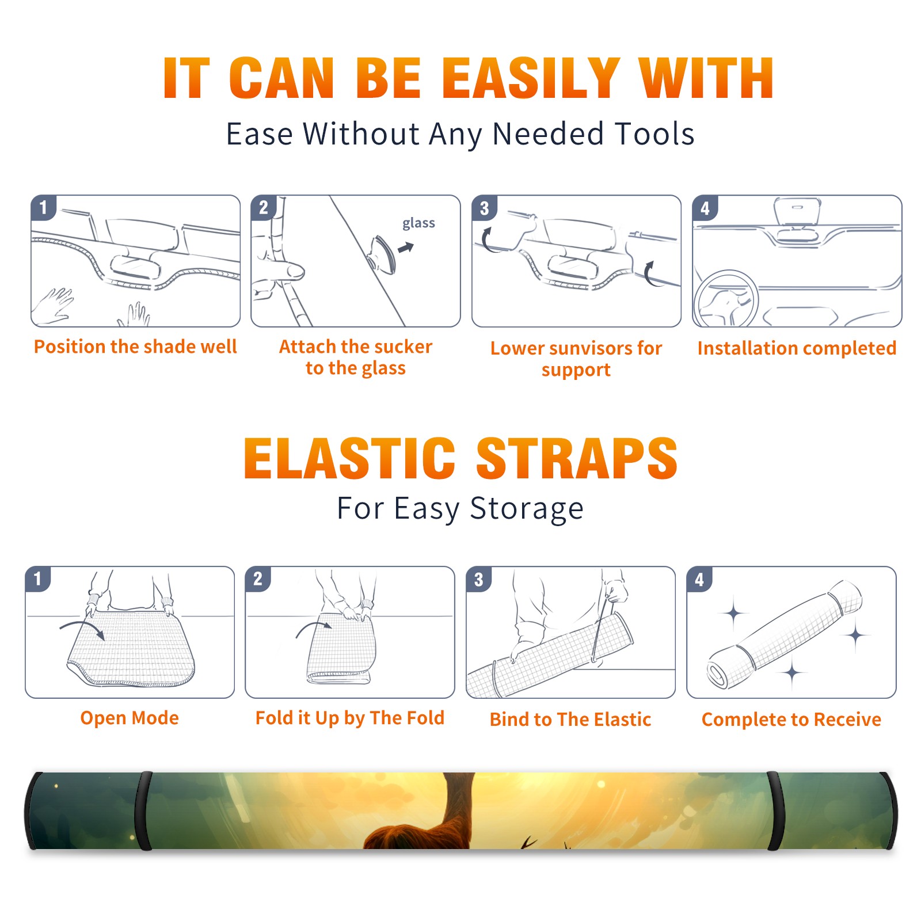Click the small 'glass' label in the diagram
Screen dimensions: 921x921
point(418,223)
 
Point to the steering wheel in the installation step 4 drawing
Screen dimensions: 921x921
point(726,299)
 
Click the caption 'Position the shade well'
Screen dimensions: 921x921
point(135,347)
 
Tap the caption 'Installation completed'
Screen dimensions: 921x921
point(797,348)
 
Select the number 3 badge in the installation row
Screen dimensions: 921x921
point(484,208)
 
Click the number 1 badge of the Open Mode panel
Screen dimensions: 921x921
point(38,579)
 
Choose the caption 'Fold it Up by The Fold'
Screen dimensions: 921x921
point(350,718)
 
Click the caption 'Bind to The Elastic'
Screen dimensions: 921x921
point(570,720)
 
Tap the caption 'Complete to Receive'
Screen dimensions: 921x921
point(791,720)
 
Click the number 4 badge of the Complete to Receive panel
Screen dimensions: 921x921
point(699,579)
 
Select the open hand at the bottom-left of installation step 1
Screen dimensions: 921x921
point(53,306)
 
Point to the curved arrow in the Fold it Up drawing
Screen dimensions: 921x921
point(313,627)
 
